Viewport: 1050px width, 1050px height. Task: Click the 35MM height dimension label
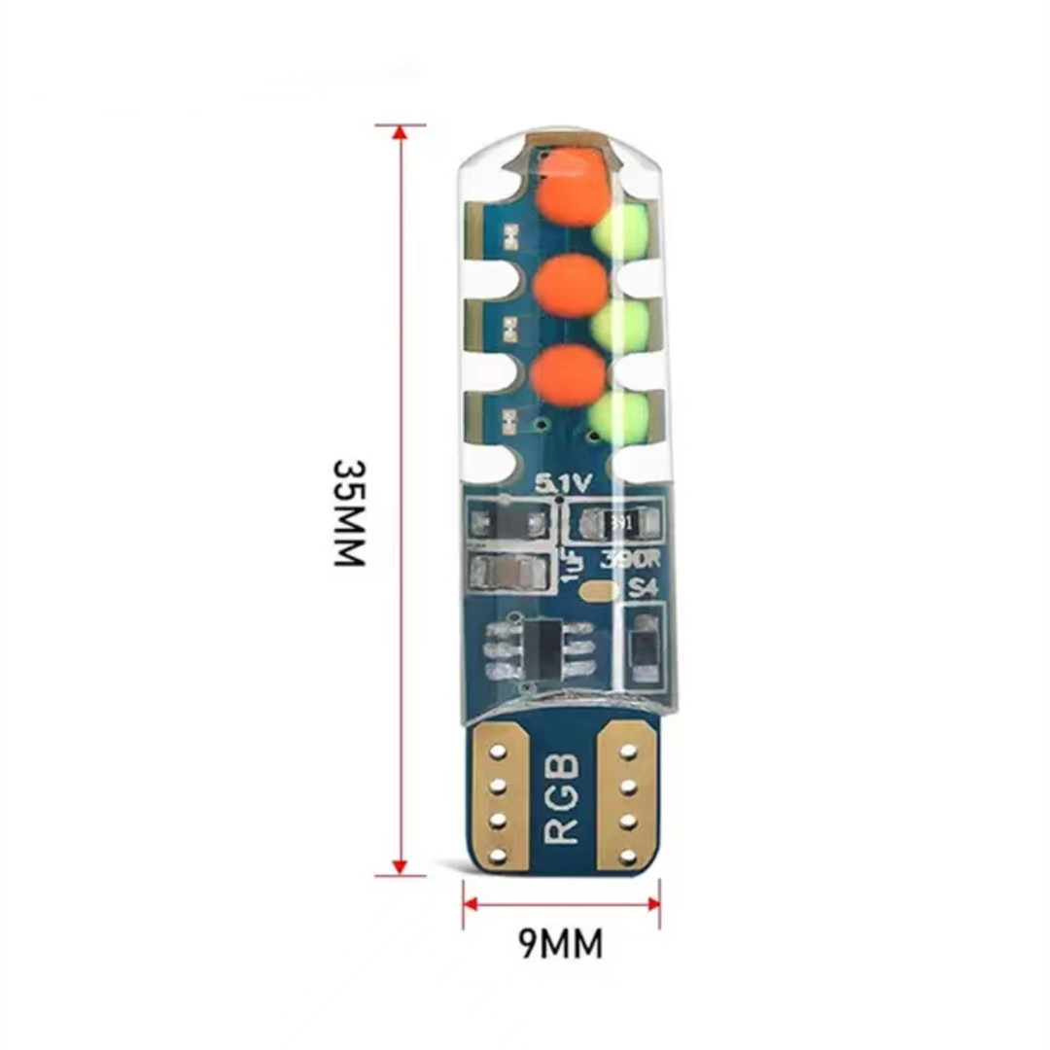(x=348, y=512)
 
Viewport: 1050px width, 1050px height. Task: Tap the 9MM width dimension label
(x=560, y=943)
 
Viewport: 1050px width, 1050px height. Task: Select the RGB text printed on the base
(x=563, y=799)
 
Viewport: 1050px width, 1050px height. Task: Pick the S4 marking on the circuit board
(x=644, y=587)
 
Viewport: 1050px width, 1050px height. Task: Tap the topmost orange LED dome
(x=574, y=189)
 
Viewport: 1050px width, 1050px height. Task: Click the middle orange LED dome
(x=571, y=283)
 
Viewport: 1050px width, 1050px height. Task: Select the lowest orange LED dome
(x=569, y=374)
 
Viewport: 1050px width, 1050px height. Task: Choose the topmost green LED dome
(x=620, y=232)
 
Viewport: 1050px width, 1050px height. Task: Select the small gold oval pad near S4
(x=597, y=590)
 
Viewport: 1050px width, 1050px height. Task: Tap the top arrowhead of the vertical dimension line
(x=400, y=132)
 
